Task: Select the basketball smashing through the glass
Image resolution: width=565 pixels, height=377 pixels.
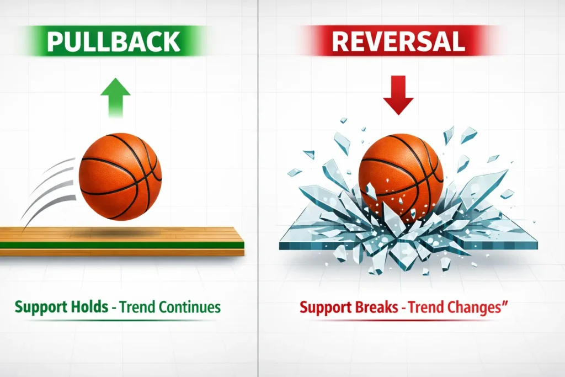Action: click(x=401, y=171)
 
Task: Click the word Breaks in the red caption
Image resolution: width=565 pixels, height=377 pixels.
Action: click(x=378, y=307)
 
